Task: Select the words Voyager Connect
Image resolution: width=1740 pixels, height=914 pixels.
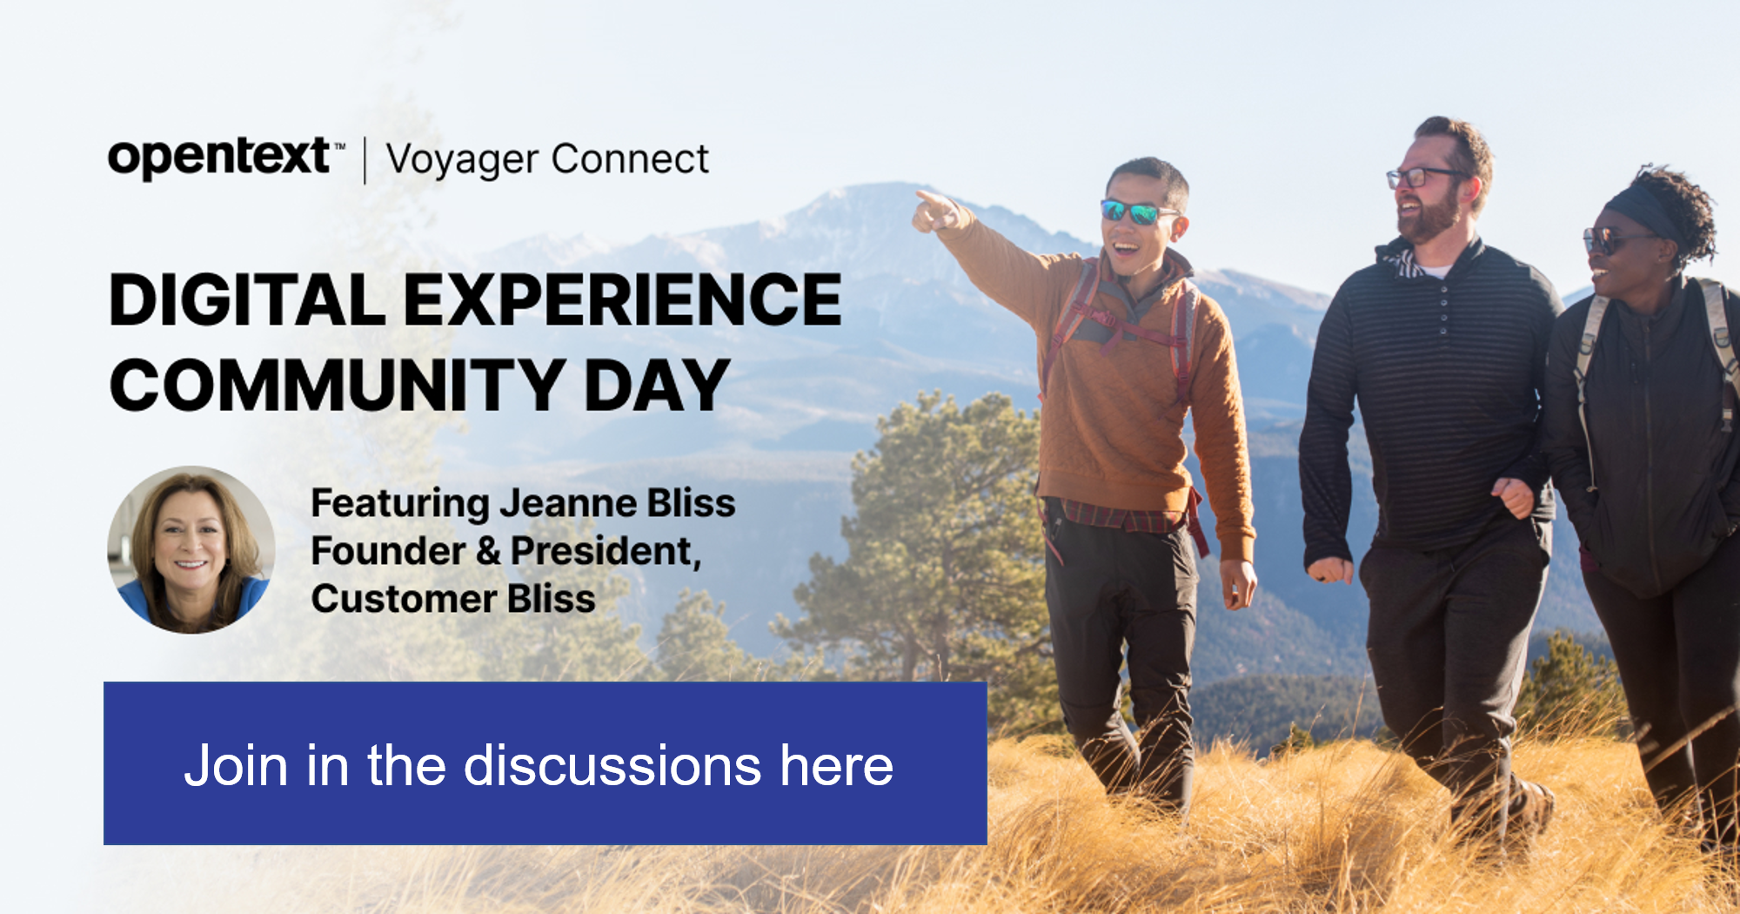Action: point(547,160)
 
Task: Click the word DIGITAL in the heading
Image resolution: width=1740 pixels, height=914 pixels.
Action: point(247,300)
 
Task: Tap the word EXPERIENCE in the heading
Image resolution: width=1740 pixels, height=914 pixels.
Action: point(623,300)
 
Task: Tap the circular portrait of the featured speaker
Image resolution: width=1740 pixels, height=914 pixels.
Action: point(191,549)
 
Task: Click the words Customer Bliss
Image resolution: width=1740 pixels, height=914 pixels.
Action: point(453,599)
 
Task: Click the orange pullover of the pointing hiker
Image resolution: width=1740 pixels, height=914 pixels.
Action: point(1131,383)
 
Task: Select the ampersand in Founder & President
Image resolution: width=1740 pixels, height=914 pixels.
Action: point(488,551)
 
